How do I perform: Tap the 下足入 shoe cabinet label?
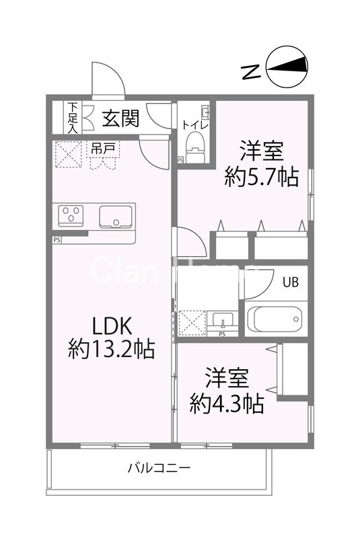pyautogui.click(x=72, y=118)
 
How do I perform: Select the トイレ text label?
pyautogui.click(x=196, y=124)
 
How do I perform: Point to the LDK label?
pyautogui.click(x=111, y=325)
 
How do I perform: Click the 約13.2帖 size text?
pyautogui.click(x=112, y=348)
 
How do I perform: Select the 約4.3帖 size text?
pyautogui.click(x=226, y=403)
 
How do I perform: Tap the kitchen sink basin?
pyautogui.click(x=116, y=217)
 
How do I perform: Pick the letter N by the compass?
pyautogui.click(x=251, y=70)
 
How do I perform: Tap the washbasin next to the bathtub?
pyautogui.click(x=219, y=319)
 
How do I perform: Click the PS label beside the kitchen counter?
pyautogui.click(x=56, y=239)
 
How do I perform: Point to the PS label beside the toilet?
pyautogui.click(x=180, y=160)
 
